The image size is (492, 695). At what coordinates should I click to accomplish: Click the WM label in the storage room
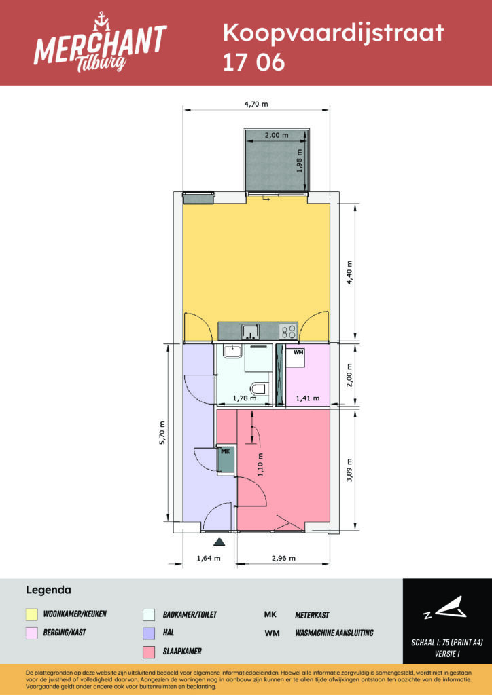pos(297,353)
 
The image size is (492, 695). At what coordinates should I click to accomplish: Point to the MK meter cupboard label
pos(226,451)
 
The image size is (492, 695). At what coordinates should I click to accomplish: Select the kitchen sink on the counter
pos(251,331)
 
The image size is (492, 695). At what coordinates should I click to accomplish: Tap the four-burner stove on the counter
pos(287,331)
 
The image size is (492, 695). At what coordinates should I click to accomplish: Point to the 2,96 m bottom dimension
pos(283,558)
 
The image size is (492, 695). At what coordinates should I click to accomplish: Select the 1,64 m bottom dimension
pos(209,558)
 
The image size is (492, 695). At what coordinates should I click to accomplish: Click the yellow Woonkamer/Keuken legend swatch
pos(32,614)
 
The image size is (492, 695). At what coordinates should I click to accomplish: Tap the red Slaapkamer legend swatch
pos(149,652)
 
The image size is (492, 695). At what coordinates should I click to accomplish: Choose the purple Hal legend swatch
pos(149,633)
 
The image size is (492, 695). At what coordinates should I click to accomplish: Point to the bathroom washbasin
pos(232,352)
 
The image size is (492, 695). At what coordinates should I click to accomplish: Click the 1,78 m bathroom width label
pos(245,398)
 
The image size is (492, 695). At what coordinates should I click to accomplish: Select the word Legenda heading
pos(49,590)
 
